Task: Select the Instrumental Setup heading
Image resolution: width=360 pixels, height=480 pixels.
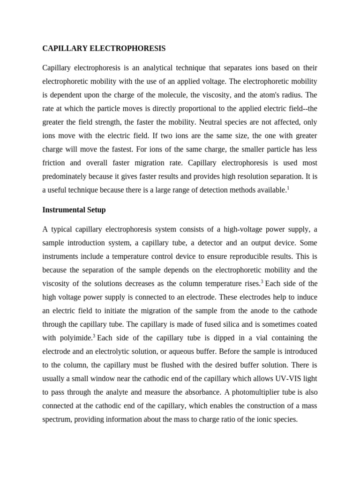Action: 74,210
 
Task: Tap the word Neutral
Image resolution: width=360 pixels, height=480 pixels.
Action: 213,122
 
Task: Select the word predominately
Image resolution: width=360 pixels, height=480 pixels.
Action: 65,176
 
